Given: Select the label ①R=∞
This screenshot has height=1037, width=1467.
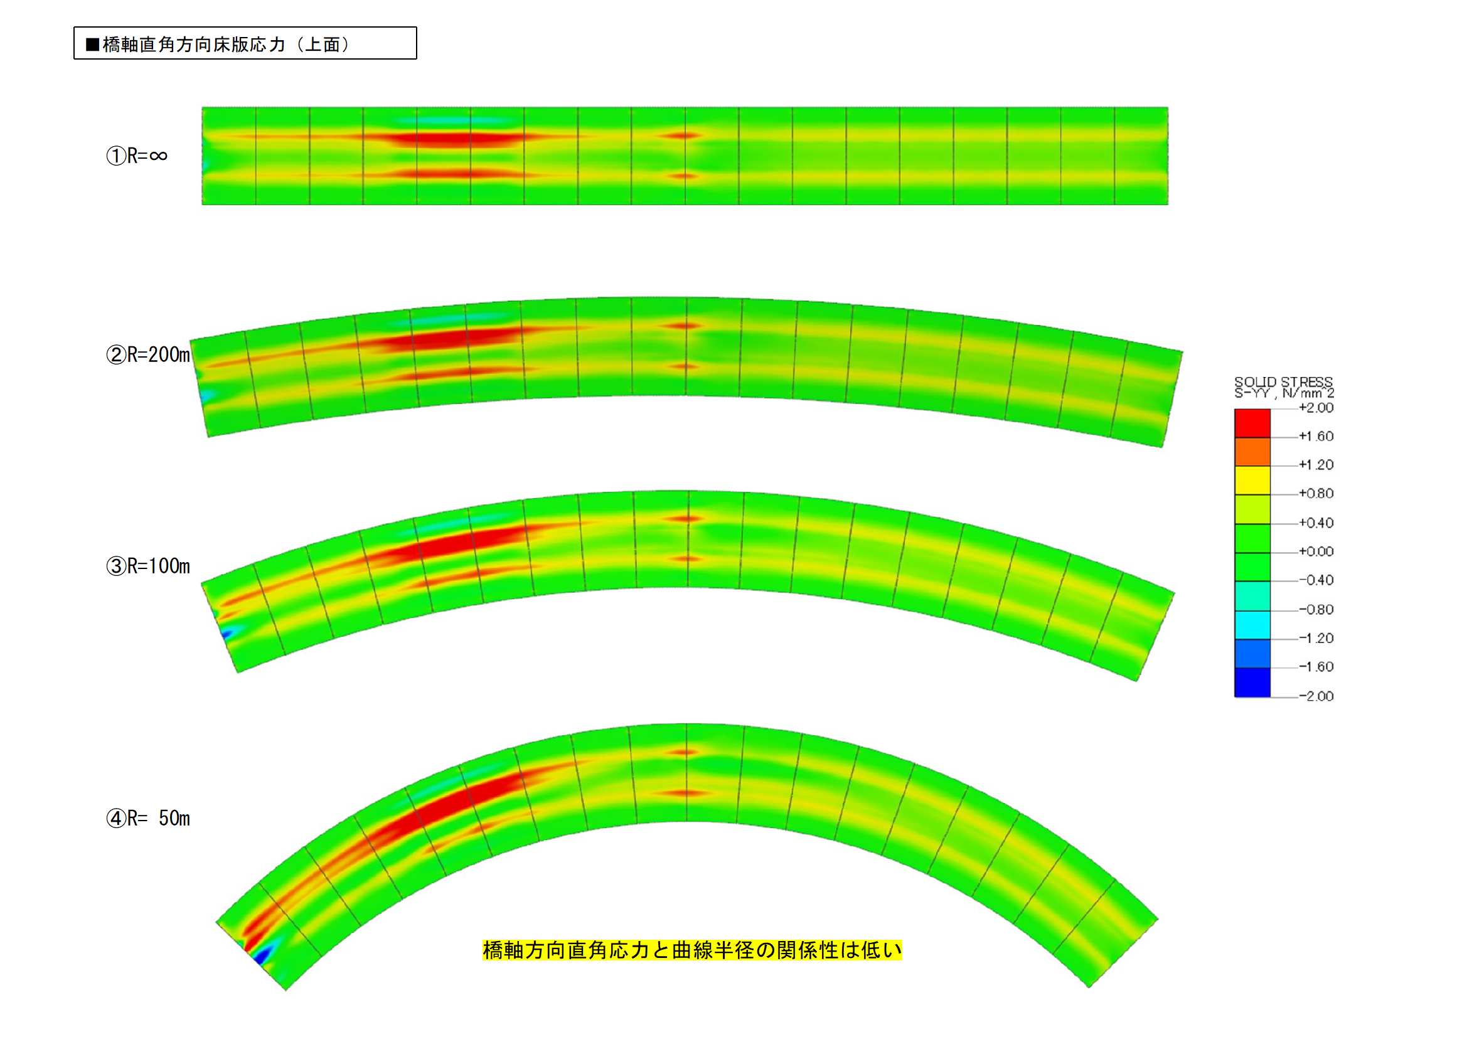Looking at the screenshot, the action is click(137, 155).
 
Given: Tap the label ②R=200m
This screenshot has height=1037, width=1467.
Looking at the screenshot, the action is click(148, 354).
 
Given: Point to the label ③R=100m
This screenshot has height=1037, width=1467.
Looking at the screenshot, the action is click(148, 565).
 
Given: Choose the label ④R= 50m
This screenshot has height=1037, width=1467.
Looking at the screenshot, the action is click(148, 818).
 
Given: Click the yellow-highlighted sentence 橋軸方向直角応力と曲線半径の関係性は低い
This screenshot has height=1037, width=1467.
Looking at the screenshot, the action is click(692, 950).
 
